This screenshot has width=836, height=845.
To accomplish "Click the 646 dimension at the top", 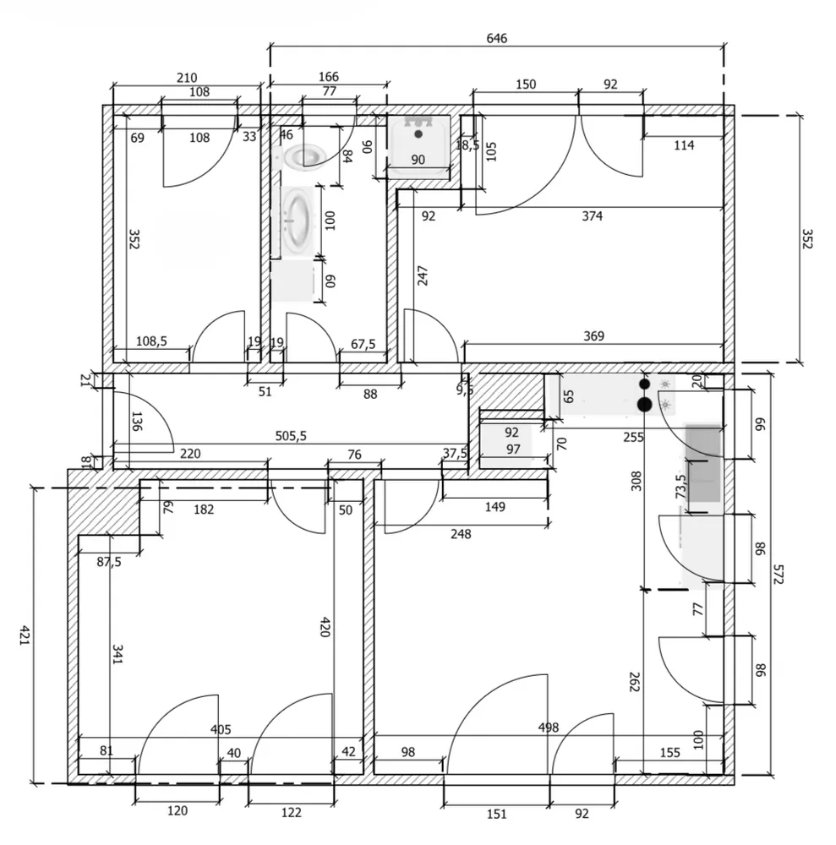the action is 496,38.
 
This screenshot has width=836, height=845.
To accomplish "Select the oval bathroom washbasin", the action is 298,221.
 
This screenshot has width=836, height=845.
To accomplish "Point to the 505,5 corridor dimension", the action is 291,435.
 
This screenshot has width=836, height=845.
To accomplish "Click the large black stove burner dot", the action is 645,404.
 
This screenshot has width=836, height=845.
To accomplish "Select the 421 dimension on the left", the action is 24,635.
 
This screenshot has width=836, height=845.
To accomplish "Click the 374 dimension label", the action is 592,216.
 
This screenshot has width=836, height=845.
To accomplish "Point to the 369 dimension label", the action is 593,336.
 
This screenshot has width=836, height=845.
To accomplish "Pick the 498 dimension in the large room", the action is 548,728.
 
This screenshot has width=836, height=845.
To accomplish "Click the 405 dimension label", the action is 221,730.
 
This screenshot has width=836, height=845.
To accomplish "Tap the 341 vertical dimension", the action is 117,654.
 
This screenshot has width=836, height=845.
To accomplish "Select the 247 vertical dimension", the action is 423,275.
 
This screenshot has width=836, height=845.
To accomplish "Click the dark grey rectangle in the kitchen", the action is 703,463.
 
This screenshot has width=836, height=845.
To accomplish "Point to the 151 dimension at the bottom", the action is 496,814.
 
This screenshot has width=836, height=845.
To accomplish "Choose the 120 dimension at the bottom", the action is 178,810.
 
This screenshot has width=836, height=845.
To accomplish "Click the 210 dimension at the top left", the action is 187,78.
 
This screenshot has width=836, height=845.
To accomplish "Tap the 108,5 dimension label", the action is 151,341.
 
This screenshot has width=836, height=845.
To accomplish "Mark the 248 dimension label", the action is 461,534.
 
